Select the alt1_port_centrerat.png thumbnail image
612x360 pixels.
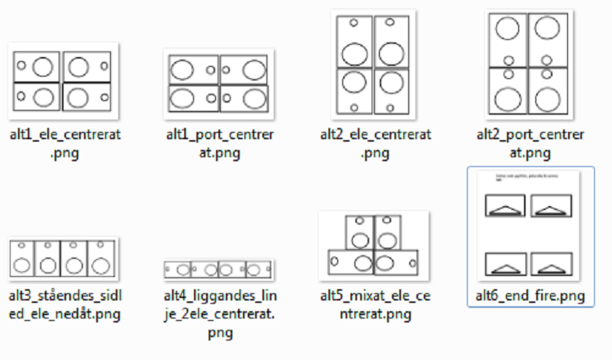[x=218, y=82]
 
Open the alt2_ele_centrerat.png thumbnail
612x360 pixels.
[x=374, y=65]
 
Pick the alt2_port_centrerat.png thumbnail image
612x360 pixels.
[x=530, y=64]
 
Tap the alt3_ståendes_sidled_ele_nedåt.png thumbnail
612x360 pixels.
[x=63, y=259]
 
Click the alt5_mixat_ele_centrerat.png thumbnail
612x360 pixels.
[x=374, y=245]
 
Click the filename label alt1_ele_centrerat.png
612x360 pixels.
[x=63, y=143]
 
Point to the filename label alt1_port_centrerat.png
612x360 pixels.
[x=218, y=143]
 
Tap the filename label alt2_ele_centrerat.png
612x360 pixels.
[x=374, y=143]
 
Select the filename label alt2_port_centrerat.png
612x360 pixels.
[x=530, y=143]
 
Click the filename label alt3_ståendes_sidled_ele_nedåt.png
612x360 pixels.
[x=63, y=303]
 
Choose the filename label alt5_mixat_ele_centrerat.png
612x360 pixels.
[x=374, y=303]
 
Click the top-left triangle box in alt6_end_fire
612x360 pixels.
[x=505, y=206]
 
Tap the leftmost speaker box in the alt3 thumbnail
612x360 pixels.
[x=22, y=259]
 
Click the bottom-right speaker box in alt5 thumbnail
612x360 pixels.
[x=398, y=261]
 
